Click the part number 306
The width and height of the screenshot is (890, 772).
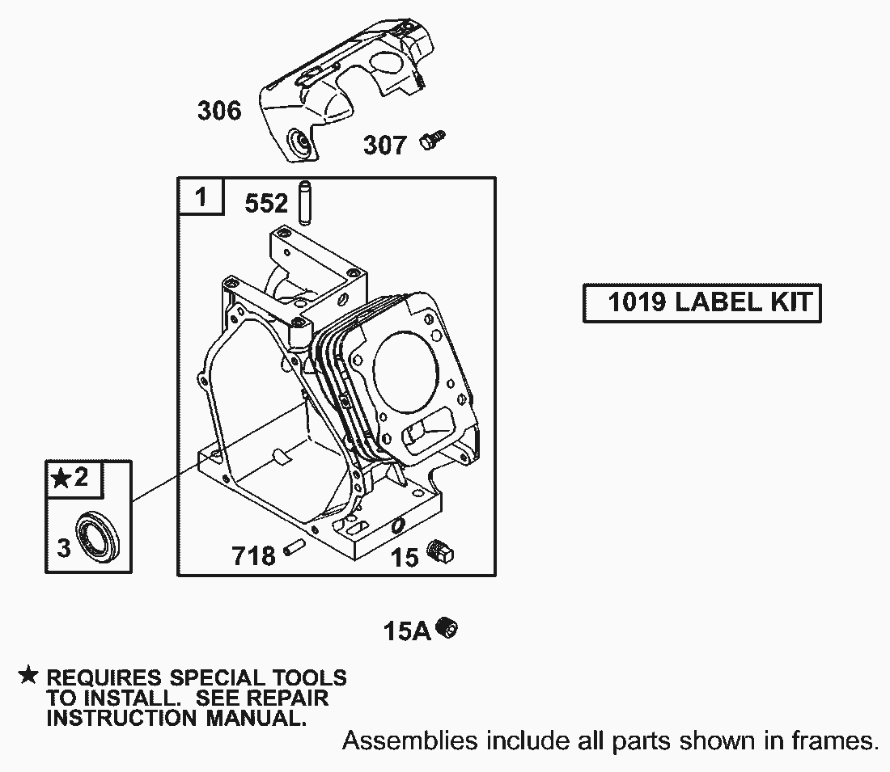click(219, 110)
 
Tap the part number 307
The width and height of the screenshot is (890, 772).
click(385, 146)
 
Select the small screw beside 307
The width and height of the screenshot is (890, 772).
click(433, 140)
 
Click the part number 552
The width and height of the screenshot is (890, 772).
click(266, 203)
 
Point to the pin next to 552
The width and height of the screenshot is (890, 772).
click(305, 202)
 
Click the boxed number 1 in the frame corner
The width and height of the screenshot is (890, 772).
click(201, 197)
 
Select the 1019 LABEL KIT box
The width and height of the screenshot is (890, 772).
click(702, 303)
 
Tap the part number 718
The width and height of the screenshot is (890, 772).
click(253, 556)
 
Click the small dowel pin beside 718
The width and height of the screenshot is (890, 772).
click(294, 547)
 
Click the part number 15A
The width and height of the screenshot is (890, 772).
click(407, 631)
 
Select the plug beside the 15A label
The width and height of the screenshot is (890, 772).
click(447, 628)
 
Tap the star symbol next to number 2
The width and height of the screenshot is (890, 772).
click(61, 479)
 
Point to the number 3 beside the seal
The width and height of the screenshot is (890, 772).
click(64, 548)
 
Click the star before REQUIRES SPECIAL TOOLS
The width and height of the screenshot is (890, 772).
click(28, 676)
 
